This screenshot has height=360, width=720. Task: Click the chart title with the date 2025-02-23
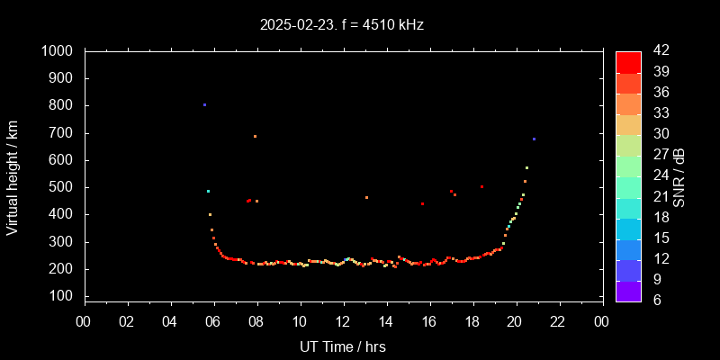point(341,24)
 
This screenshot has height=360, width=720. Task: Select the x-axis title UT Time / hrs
point(342,346)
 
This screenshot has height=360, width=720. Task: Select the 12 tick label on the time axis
point(343,322)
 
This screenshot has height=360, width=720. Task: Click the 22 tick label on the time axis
point(559,322)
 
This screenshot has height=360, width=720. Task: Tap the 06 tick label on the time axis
point(213,322)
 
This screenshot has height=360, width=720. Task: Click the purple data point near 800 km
point(204,105)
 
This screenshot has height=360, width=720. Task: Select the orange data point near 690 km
point(255,137)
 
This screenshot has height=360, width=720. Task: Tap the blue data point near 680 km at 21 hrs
point(534,139)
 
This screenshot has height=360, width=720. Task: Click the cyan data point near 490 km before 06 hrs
point(208,191)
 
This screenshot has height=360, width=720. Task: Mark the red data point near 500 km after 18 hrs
point(482,187)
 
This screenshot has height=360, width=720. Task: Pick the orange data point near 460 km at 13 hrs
point(366,198)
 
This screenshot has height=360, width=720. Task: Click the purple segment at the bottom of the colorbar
point(628,289)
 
